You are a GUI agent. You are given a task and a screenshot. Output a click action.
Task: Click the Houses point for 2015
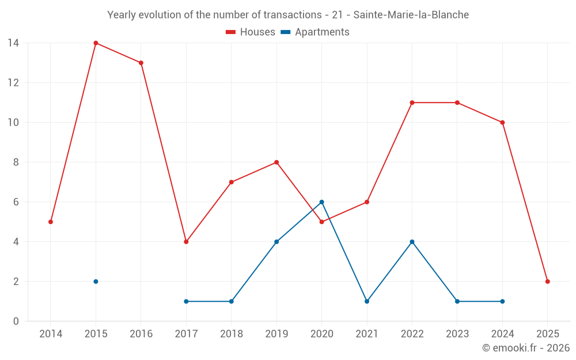96,43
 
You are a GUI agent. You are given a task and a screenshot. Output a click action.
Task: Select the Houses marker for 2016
141,63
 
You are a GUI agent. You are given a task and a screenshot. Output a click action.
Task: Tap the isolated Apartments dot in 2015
96,282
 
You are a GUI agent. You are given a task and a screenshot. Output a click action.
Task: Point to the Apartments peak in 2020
322,202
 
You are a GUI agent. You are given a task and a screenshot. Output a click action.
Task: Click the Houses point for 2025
548,282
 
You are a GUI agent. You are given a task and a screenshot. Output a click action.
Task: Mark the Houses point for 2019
276,162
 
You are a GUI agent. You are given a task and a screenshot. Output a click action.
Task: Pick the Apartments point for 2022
412,242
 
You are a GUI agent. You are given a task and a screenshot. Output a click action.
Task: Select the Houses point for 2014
51,222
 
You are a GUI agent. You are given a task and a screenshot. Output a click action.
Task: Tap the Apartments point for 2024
502,301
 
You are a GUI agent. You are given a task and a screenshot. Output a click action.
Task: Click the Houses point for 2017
186,242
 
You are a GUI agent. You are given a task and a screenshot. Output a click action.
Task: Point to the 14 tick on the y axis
13,43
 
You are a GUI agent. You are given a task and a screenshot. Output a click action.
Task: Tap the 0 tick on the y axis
16,321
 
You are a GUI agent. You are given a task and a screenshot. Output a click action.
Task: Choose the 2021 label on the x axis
367,334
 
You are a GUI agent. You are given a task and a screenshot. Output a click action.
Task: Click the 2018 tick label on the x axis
232,334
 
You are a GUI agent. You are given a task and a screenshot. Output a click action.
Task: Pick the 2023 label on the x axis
457,334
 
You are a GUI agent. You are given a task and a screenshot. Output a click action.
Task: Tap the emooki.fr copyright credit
526,348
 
